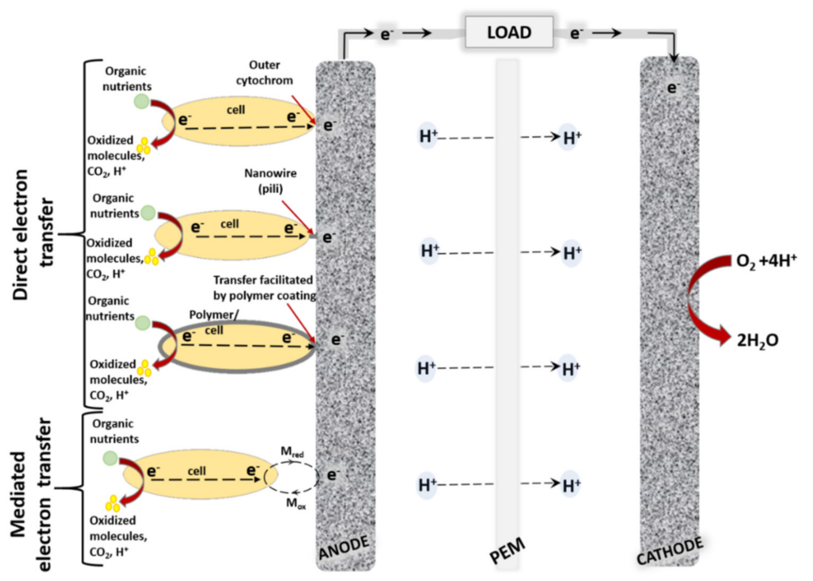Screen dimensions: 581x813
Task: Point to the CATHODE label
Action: (x=670, y=551)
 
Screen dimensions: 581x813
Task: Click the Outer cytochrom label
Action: (x=265, y=73)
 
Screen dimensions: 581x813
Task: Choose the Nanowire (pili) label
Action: (x=270, y=181)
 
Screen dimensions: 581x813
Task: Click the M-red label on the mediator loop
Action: (x=292, y=452)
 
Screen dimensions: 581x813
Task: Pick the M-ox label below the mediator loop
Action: (x=296, y=503)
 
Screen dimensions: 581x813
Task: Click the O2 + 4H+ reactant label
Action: (x=766, y=261)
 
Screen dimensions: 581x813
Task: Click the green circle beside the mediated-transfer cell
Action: (x=110, y=458)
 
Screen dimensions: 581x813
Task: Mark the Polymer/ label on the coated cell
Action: (x=213, y=315)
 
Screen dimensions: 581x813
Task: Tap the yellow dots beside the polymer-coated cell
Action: (x=145, y=368)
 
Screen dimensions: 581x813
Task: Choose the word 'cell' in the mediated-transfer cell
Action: (x=197, y=471)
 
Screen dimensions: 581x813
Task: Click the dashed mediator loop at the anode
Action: (x=291, y=478)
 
